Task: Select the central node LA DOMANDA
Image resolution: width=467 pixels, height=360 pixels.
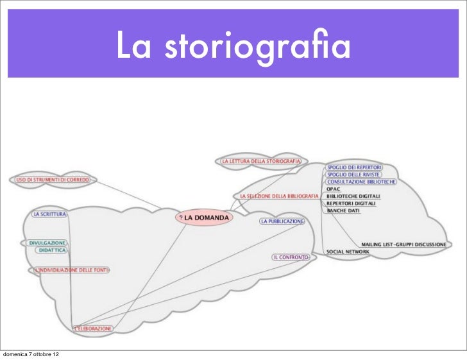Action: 204,217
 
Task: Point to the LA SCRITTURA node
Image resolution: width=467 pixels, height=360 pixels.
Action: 50,214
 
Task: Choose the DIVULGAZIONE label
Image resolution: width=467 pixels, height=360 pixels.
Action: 47,243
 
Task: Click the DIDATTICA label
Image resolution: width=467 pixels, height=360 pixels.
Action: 52,251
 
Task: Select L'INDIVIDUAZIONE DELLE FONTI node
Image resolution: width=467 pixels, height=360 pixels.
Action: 71,271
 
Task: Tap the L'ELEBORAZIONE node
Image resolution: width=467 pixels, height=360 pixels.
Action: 93,329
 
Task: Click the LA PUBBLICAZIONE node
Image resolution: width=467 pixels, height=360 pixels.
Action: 282,221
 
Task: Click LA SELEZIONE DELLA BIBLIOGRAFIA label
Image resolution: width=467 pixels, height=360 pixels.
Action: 279,196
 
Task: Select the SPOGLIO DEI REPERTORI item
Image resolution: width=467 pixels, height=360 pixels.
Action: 354,166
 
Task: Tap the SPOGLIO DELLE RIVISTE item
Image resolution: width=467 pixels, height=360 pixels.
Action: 353,174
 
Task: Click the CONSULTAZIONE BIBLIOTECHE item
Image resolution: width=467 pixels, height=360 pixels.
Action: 361,182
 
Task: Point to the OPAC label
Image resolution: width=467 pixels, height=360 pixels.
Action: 333,189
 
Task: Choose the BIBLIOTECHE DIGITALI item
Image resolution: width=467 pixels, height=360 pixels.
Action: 353,196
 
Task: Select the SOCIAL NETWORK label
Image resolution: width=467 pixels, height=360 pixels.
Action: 348,252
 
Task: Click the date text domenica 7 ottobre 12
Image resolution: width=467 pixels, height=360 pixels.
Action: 33,354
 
